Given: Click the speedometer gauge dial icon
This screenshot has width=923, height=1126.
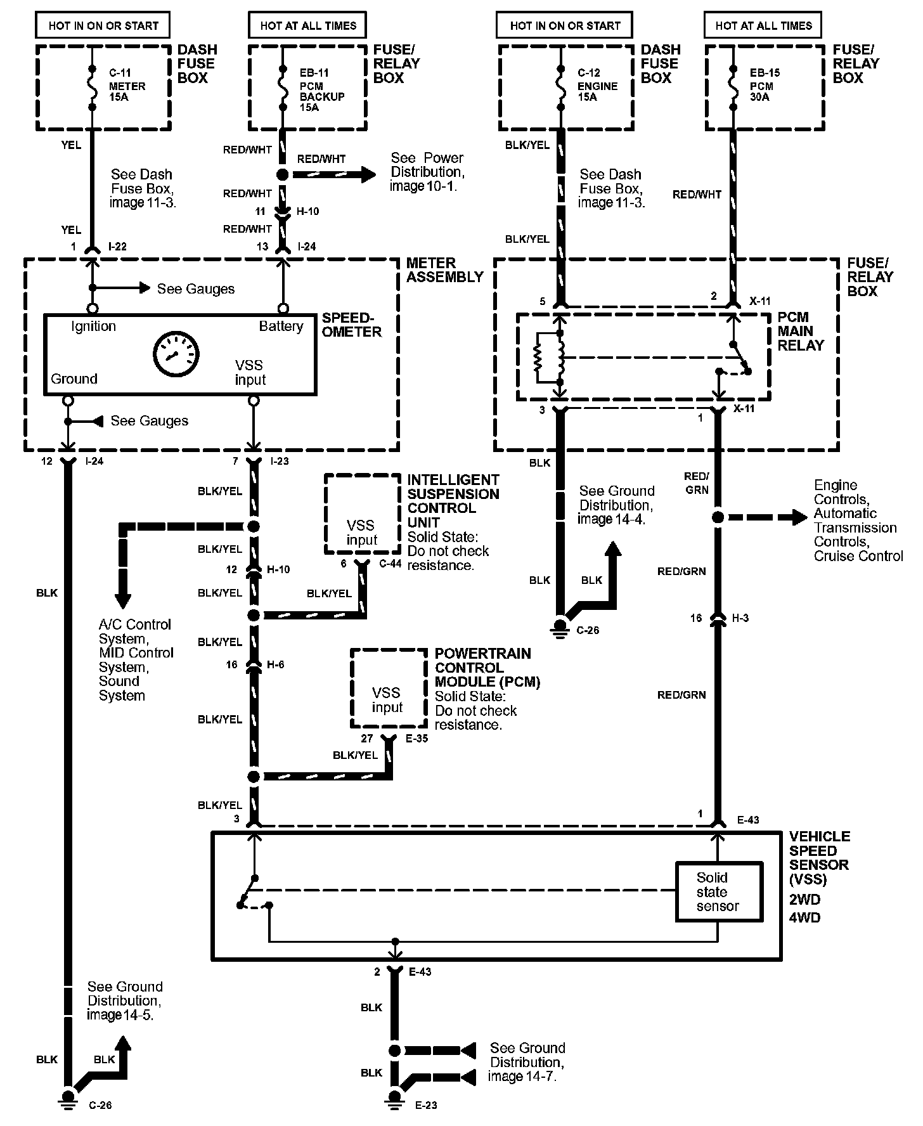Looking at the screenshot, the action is (x=176, y=354).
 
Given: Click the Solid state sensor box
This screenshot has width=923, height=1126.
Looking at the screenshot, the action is (x=718, y=891).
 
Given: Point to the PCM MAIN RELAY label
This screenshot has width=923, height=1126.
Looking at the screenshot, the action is (x=801, y=331).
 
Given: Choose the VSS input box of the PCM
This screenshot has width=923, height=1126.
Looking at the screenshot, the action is (x=389, y=688).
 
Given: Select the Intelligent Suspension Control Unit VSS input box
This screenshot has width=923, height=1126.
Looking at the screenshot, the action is (x=363, y=514).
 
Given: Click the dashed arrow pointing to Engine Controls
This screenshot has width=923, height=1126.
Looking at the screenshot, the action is (x=764, y=517).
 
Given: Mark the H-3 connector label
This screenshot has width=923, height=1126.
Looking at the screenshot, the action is (x=740, y=618).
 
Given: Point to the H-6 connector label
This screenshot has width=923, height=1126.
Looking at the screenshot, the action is (x=276, y=664).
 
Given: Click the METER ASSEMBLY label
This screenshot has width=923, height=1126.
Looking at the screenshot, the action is (x=444, y=269).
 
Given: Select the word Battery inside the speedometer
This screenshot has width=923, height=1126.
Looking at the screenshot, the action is (x=281, y=327).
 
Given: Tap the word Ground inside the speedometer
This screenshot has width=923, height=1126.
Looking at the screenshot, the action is (x=74, y=379).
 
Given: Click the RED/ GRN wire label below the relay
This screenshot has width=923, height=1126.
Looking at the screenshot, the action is (x=696, y=482).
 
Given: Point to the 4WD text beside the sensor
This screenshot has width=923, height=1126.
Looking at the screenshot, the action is (x=804, y=917).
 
